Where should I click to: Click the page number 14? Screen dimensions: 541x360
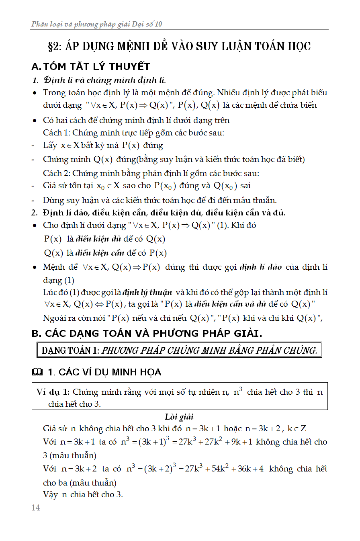pyautogui.click(x=36, y=508)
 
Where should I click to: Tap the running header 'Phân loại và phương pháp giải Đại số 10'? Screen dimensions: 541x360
pyautogui.click(x=97, y=25)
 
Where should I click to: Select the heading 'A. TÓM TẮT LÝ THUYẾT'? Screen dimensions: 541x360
pyautogui.click(x=91, y=67)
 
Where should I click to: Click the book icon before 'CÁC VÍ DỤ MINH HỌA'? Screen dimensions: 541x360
pyautogui.click(x=37, y=373)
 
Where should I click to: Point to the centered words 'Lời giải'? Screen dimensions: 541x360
pyautogui.click(x=179, y=417)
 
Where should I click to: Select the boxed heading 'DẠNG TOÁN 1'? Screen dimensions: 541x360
pyautogui.click(x=70, y=350)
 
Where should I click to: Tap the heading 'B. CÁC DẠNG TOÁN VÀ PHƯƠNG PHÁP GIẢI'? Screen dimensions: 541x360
pyautogui.click(x=147, y=334)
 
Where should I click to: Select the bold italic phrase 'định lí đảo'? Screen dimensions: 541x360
pyautogui.click(x=261, y=267)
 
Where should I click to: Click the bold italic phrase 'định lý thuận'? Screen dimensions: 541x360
pyautogui.click(x=147, y=292)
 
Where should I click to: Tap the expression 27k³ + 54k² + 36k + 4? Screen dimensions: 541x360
pyautogui.click(x=224, y=469)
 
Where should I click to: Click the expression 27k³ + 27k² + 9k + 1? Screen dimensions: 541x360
pyautogui.click(x=216, y=442)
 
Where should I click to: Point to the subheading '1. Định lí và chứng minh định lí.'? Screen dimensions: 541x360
pyautogui.click(x=99, y=80)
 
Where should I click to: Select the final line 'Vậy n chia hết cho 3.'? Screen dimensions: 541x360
pyautogui.click(x=83, y=495)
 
